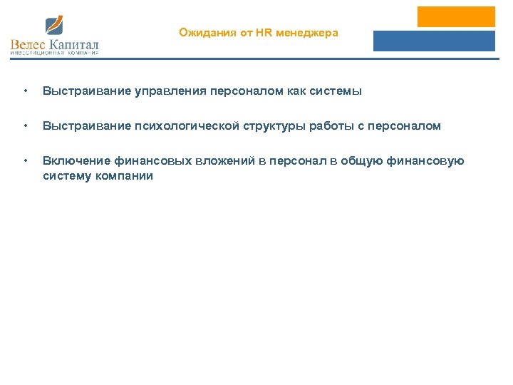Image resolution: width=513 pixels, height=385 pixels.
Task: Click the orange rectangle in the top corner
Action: pyautogui.click(x=456, y=16)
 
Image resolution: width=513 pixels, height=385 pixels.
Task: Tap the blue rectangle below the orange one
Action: pyautogui.click(x=434, y=41)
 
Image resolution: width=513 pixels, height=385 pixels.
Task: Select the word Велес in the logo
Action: pyautogui.click(x=27, y=46)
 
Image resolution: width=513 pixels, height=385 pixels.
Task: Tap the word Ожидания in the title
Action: pyautogui.click(x=199, y=32)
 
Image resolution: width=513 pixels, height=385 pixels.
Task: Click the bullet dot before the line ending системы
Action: pyautogui.click(x=26, y=91)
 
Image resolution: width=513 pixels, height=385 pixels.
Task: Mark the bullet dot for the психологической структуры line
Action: pyautogui.click(x=26, y=126)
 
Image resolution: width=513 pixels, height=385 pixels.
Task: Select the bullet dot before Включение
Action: pyautogui.click(x=26, y=161)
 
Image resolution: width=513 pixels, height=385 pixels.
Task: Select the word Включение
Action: pyautogui.click(x=76, y=161)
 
